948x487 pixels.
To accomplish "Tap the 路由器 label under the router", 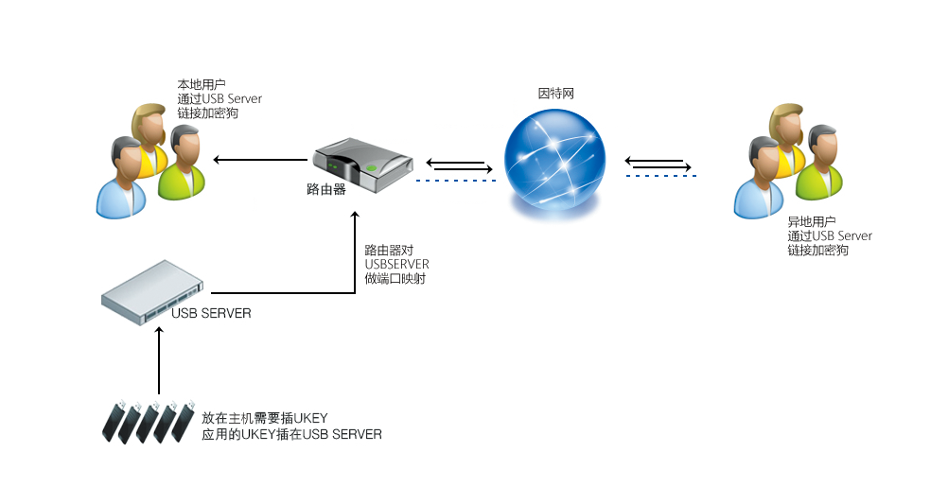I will pyautogui.click(x=326, y=189).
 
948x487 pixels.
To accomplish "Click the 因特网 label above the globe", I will pyautogui.click(x=556, y=94).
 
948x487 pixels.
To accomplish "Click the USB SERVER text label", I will pyautogui.click(x=212, y=313).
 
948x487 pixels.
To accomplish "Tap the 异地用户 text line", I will pyautogui.click(x=812, y=221).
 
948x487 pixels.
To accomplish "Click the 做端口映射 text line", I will pyautogui.click(x=395, y=279).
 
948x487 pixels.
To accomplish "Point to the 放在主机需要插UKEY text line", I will pyautogui.click(x=264, y=418).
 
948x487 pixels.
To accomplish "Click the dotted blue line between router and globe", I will pyautogui.click(x=455, y=180).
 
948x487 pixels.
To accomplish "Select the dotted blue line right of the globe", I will pyautogui.click(x=659, y=175).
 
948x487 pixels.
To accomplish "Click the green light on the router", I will pyautogui.click(x=373, y=170).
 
